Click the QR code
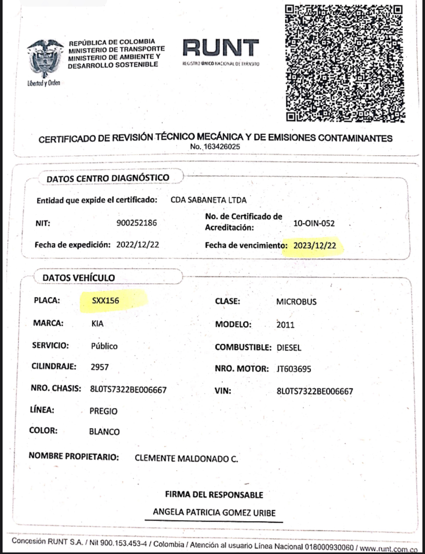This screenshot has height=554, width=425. (x=343, y=63)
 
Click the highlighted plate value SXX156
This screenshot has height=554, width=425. (x=106, y=301)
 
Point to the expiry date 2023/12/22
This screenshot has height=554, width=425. (x=315, y=246)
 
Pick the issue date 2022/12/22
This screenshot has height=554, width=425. (x=138, y=245)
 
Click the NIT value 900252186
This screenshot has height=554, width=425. (x=137, y=223)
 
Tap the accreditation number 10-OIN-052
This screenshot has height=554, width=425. (x=314, y=224)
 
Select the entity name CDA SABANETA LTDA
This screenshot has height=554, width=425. (x=208, y=200)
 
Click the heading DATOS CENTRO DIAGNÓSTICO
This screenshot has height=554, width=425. (x=108, y=178)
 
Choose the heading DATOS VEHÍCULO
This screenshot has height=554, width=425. (x=79, y=278)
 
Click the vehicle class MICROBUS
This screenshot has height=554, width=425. (x=296, y=302)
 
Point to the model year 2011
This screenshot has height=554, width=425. (x=285, y=325)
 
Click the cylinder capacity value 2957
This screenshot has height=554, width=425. (x=100, y=367)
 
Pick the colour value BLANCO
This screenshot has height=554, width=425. (x=104, y=432)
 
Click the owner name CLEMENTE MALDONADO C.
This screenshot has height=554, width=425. (x=186, y=458)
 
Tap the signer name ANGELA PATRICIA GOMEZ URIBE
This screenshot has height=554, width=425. (x=214, y=513)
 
